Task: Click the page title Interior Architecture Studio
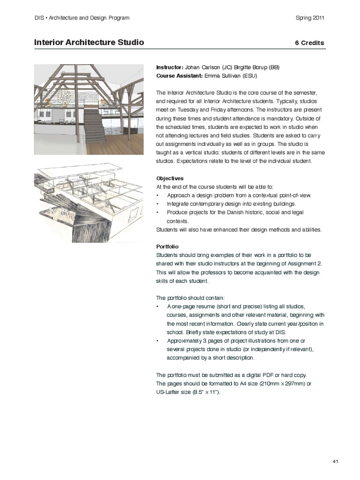[89, 43]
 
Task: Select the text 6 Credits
[309, 43]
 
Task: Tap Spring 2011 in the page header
[310, 18]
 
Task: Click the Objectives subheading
[170, 179]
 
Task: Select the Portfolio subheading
[167, 247]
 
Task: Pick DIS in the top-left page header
[39, 18]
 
